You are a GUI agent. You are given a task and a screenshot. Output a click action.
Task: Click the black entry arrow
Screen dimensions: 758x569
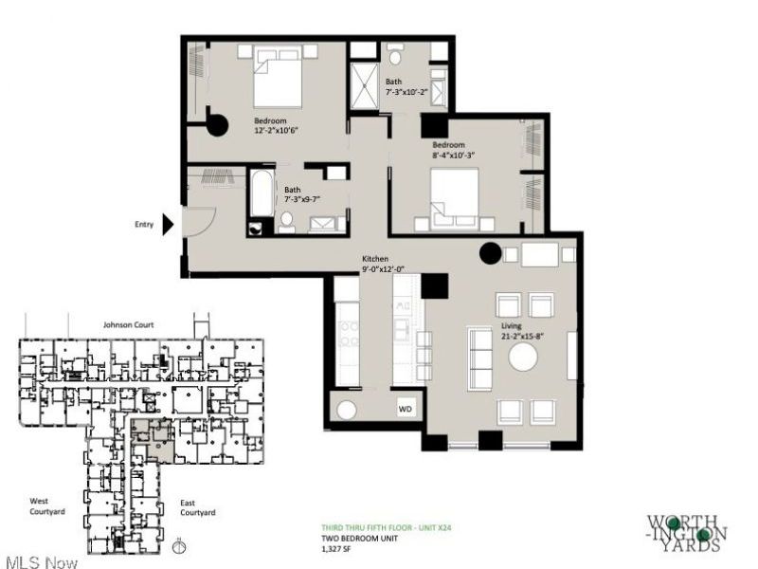coord(168,225)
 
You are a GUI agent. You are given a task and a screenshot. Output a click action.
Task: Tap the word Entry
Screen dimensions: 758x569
coord(144,225)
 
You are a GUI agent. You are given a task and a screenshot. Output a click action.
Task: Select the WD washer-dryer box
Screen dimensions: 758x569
coord(406,409)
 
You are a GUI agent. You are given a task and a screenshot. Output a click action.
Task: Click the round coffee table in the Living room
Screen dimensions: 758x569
coord(523,358)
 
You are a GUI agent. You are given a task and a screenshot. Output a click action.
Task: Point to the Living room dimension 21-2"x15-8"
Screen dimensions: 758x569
coord(522,336)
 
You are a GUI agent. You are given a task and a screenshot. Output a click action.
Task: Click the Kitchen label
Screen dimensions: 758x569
coord(375,259)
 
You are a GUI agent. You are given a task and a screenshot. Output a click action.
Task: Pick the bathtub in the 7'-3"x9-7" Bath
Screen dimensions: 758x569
coord(262,193)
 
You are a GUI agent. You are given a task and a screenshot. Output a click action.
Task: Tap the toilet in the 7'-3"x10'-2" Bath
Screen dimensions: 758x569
coord(395,56)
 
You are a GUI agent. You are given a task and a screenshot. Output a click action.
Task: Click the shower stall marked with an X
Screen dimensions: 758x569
coord(364,86)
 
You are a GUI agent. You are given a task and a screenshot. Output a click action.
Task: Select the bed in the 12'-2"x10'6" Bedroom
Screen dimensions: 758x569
coord(278,77)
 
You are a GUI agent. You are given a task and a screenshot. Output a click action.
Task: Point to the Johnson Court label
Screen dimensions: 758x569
coord(129,324)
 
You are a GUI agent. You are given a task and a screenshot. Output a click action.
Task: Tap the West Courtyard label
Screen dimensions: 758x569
coord(46,506)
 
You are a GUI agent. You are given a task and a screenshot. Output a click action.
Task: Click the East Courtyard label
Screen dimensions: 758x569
coord(198,507)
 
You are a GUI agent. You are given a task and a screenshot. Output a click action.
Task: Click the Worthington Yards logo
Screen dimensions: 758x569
coord(687,534)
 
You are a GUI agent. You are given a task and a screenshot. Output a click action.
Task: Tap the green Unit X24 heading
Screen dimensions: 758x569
coord(387,528)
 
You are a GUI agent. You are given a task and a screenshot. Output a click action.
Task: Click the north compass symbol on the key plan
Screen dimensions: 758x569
coord(179,546)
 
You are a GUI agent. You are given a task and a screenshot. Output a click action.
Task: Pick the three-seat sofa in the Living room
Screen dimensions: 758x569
coord(479,358)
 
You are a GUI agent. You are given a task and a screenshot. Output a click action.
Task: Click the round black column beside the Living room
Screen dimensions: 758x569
coord(490,253)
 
